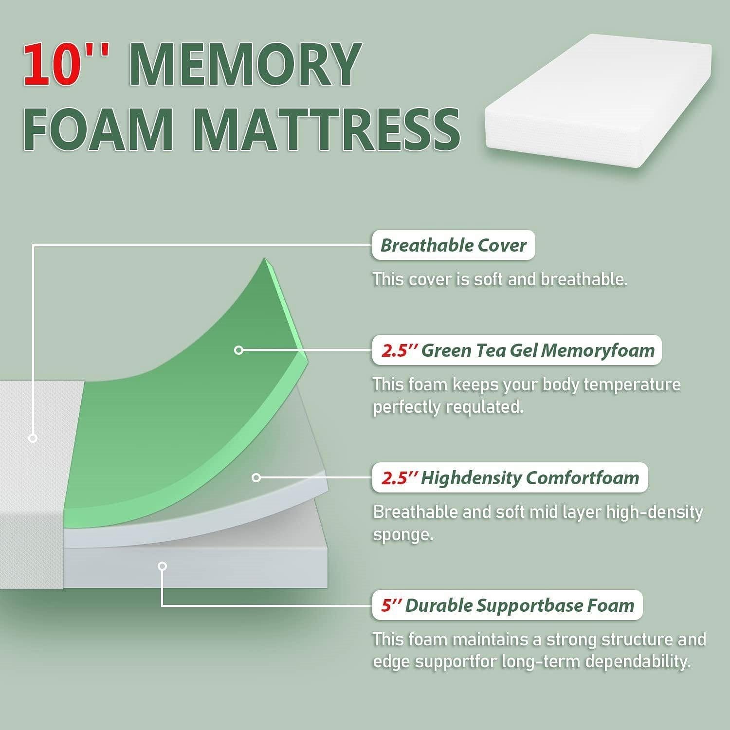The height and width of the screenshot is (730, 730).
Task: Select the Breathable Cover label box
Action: (453, 245)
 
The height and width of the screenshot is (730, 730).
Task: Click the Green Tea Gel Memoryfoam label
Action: (517, 350)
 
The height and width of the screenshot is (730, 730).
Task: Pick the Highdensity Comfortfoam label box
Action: (510, 478)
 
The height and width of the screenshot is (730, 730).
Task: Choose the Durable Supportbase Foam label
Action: (507, 605)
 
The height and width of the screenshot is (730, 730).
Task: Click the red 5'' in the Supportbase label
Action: (390, 605)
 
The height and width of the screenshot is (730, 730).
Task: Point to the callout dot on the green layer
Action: (238, 350)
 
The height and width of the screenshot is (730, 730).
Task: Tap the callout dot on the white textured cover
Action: (33, 438)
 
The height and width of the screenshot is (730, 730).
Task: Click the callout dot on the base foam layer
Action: (163, 566)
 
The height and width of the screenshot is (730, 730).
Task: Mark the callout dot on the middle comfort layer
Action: (256, 477)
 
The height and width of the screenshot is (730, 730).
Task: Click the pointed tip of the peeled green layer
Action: (265, 259)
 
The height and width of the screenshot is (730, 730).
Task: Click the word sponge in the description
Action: (402, 534)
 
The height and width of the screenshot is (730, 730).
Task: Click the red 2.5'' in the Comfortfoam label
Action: (398, 478)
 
